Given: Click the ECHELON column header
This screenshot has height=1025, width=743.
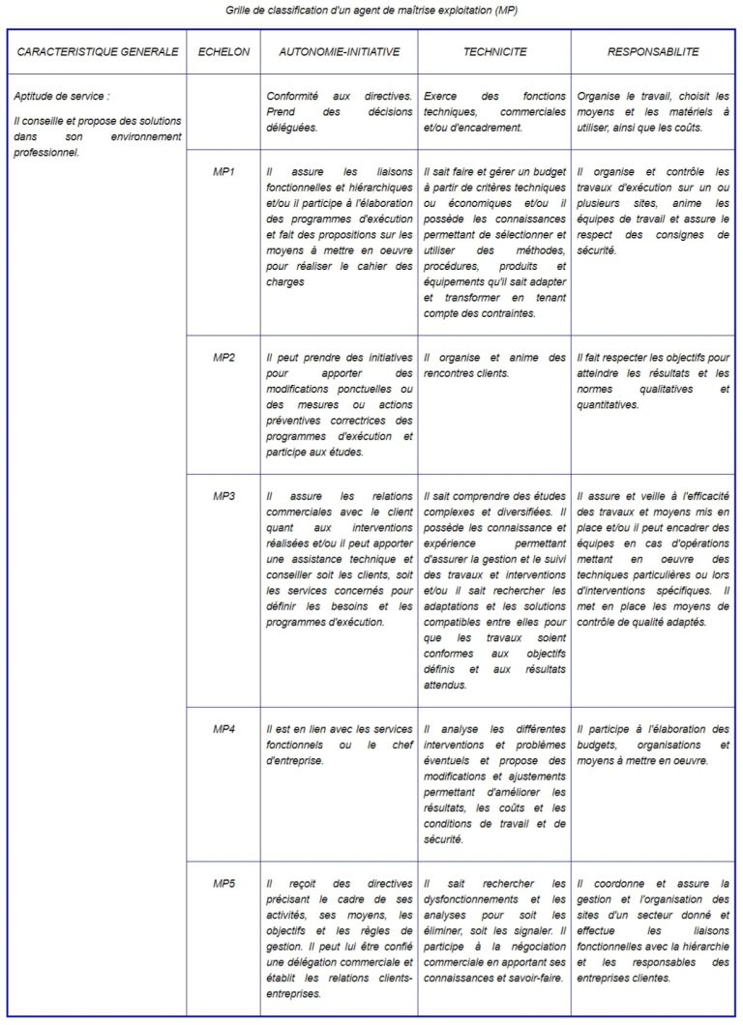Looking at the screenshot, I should [223, 52].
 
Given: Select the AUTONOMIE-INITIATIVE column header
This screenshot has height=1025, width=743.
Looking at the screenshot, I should [339, 52].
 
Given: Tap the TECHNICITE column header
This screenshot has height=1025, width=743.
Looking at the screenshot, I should [493, 52].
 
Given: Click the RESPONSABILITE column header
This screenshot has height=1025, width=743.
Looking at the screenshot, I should [653, 52].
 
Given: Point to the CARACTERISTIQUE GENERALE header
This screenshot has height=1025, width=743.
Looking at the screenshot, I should [98, 52].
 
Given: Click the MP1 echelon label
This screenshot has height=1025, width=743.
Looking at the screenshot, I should [223, 171].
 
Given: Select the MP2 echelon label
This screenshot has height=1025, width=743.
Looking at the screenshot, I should [223, 358].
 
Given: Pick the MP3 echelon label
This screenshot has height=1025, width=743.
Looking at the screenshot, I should [223, 496].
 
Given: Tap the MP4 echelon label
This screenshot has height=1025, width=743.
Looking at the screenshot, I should [223, 728].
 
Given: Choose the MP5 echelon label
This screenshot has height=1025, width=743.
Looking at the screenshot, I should [223, 883].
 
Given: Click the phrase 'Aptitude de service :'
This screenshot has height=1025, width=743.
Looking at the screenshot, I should [62, 96].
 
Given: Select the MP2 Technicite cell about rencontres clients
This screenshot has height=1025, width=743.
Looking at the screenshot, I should [493, 365].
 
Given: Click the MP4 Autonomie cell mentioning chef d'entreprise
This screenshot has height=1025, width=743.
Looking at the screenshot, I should [339, 745].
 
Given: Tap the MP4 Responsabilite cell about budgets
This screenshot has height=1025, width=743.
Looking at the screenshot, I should [653, 745].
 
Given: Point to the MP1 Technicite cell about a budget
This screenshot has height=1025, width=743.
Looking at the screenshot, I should [493, 242].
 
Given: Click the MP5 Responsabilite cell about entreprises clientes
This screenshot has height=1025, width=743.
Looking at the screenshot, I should [653, 930].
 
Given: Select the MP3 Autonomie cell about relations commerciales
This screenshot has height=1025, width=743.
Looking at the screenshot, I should [339, 559].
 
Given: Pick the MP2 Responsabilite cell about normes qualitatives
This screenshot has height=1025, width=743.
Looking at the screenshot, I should [653, 381].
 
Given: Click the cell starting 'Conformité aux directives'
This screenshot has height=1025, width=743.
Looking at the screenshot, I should [339, 111].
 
